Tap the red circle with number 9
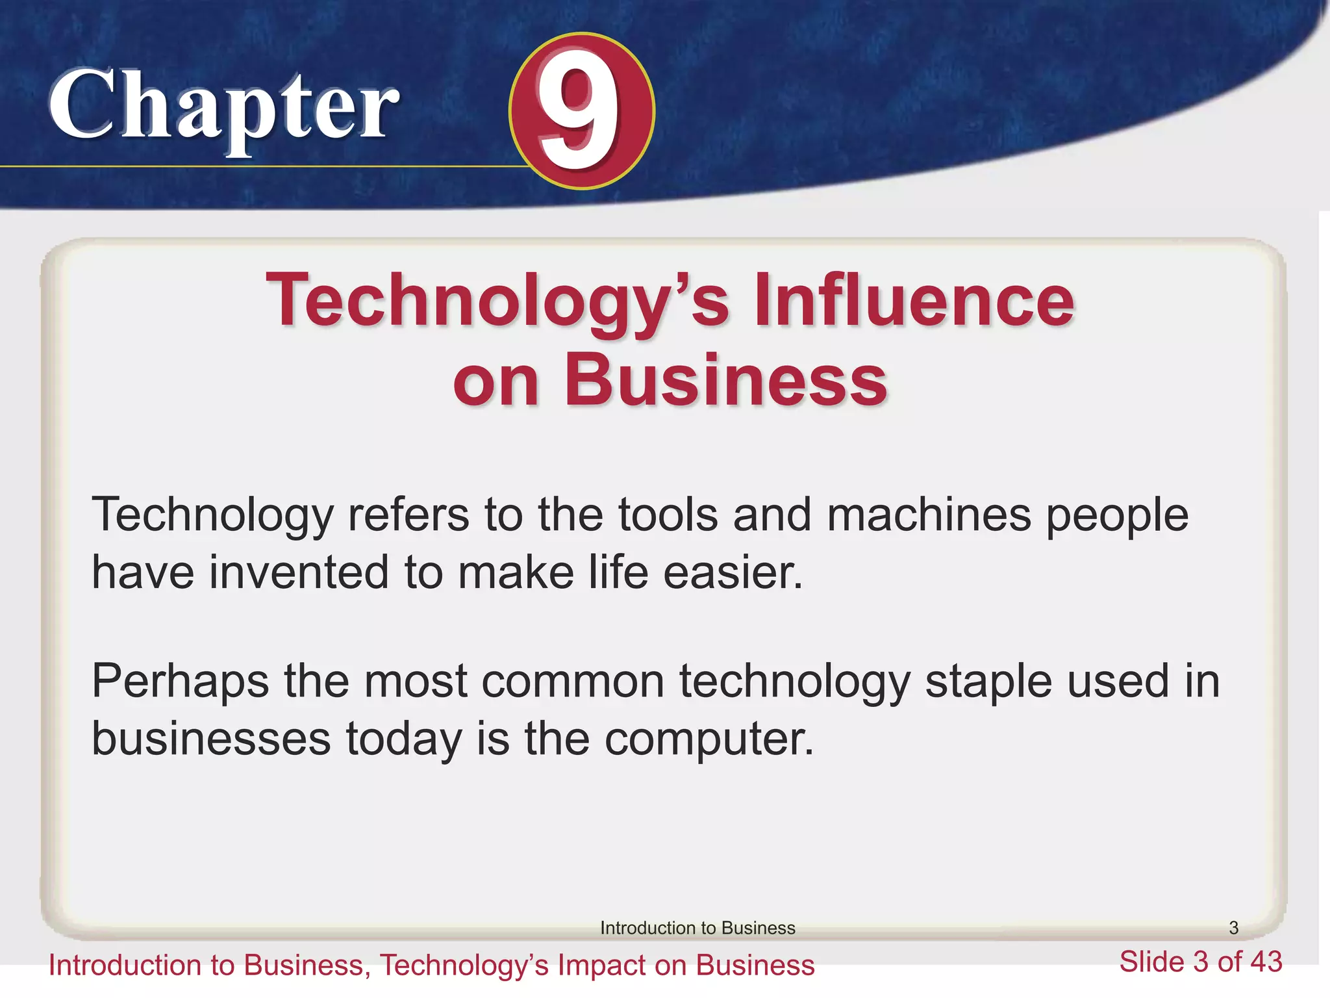click(x=582, y=111)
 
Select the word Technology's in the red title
click(x=497, y=300)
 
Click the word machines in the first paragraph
click(x=929, y=515)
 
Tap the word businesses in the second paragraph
click(x=211, y=739)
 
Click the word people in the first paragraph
click(x=1116, y=515)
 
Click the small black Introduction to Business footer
click(x=697, y=928)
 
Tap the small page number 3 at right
click(x=1234, y=928)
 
